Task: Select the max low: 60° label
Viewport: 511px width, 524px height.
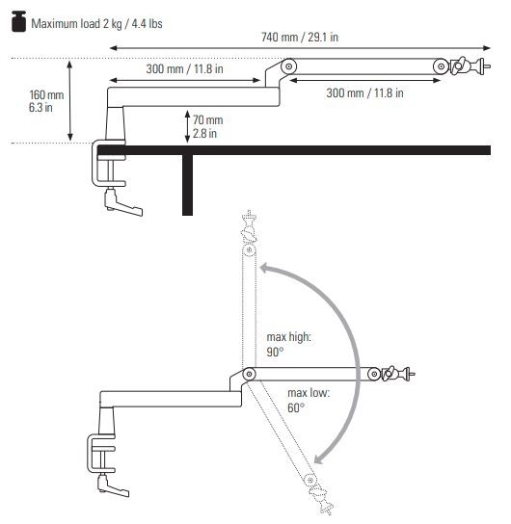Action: tap(308, 401)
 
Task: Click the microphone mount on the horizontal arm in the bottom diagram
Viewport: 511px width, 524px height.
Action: tap(398, 372)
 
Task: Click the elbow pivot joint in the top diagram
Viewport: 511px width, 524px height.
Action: tap(288, 66)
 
